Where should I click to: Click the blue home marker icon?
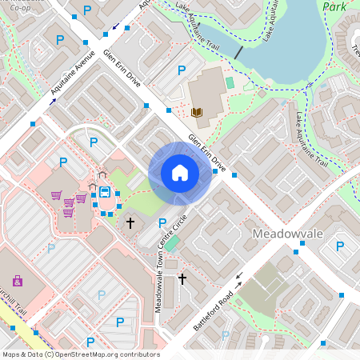click(179, 173)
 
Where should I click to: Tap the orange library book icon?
click(197, 112)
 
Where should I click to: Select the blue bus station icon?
click(105, 191)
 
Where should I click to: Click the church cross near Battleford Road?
click(182, 278)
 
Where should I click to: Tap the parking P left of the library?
click(181, 70)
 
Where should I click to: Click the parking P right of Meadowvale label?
click(339, 246)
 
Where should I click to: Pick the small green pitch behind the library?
click(230, 82)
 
